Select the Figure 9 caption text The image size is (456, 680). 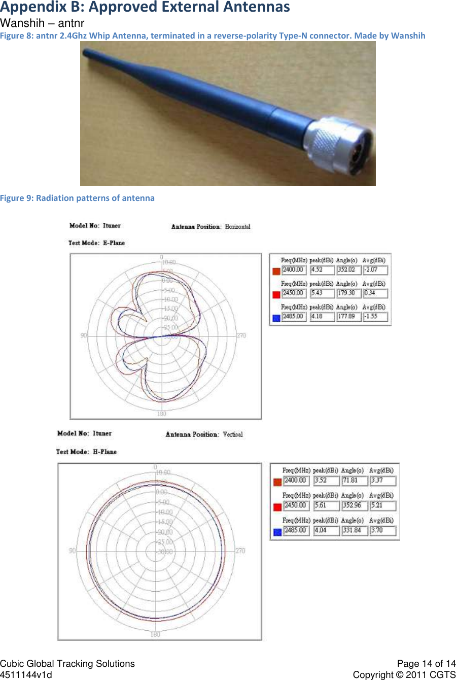click(77, 198)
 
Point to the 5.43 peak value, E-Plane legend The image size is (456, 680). click(317, 293)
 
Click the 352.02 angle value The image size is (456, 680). click(347, 269)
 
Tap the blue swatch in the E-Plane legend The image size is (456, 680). click(276, 318)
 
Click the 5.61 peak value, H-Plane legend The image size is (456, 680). click(321, 505)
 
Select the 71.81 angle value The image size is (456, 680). click(350, 480)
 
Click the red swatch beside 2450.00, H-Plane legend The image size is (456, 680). click(277, 507)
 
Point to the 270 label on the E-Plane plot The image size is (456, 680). click(241, 335)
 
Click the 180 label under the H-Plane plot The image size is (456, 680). click(155, 634)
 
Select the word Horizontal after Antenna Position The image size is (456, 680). click(237, 227)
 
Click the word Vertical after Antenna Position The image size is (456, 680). click(233, 434)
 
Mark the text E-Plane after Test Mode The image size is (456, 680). click(114, 243)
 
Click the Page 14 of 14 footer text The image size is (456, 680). click(426, 664)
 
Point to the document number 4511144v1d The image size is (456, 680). click(26, 675)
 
